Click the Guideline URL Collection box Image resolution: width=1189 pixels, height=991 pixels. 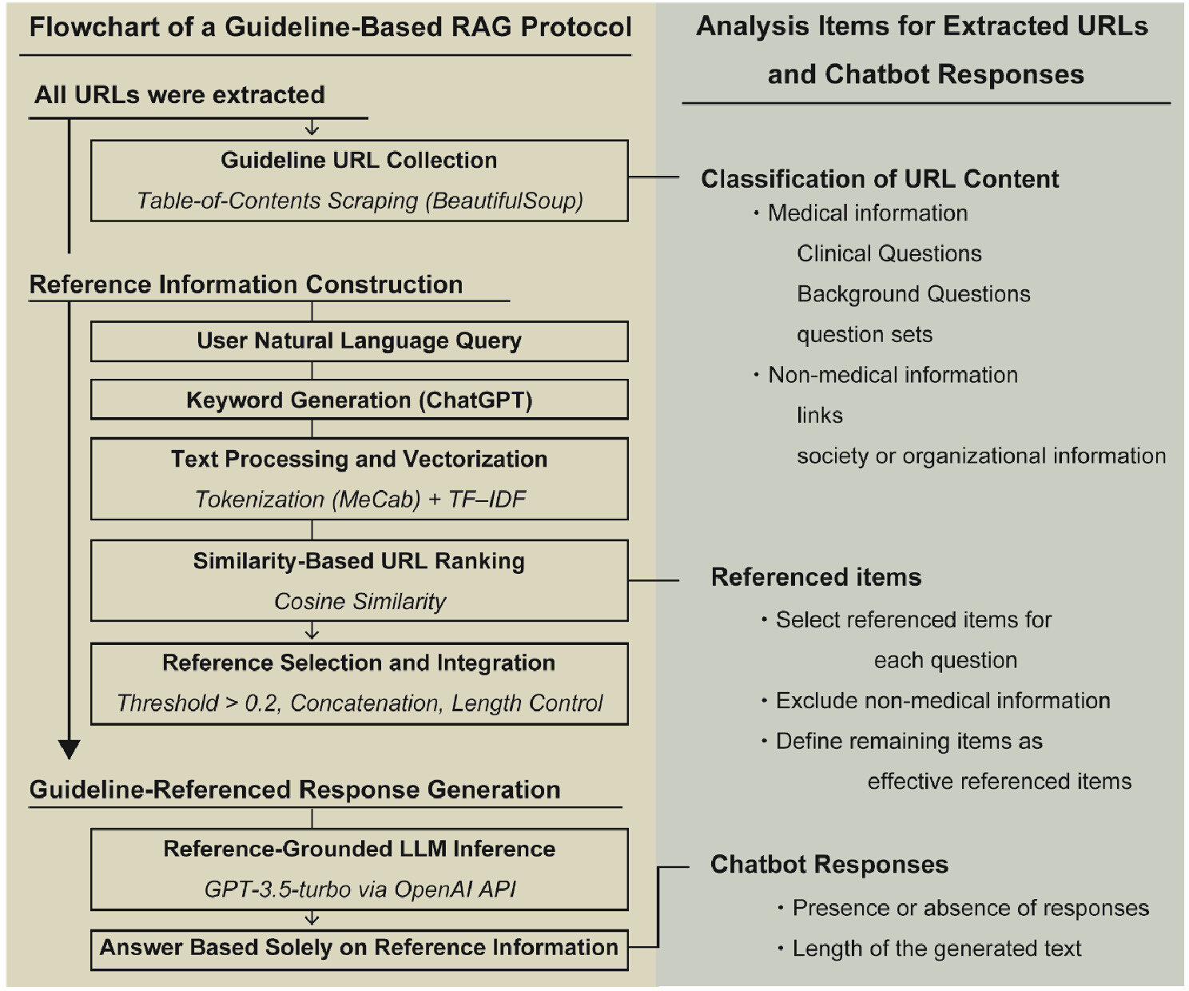click(x=360, y=181)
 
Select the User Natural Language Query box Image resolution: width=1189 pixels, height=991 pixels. click(x=360, y=341)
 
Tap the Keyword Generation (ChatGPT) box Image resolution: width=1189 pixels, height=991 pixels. click(x=360, y=400)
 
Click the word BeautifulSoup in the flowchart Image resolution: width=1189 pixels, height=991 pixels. click(x=504, y=201)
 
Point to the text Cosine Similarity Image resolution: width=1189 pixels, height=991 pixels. click(x=360, y=602)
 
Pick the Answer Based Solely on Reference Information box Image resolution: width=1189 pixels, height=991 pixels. click(x=360, y=950)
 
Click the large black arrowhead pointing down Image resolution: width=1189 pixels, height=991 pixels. click(x=69, y=749)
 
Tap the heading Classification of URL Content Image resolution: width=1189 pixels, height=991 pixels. click(x=880, y=179)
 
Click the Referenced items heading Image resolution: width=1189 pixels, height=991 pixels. click(x=816, y=577)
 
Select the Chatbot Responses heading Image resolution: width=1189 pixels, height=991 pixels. click(x=829, y=864)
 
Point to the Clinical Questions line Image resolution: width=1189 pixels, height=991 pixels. click(x=889, y=253)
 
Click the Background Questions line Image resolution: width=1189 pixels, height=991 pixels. click(x=913, y=294)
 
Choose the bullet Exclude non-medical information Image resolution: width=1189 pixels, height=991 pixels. click(x=936, y=701)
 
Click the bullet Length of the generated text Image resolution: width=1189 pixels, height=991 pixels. click(x=930, y=949)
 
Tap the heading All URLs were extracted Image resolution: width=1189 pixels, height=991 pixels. click(x=179, y=94)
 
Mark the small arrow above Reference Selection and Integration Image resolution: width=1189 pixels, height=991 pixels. click(x=312, y=631)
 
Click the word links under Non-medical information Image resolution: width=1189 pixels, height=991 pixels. click(x=819, y=416)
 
